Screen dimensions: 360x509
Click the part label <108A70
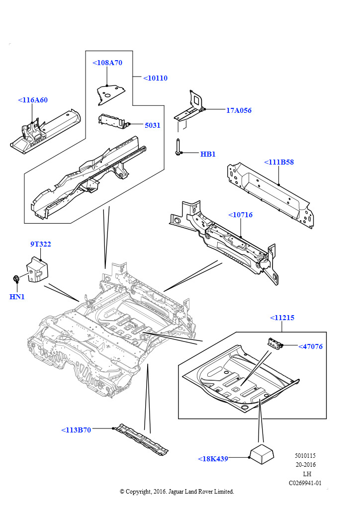pos(107,63)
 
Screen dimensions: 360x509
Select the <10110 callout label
pos(155,78)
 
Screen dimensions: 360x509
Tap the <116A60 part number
pos(33,100)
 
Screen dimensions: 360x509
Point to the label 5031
pos(153,125)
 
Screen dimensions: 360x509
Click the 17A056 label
pos(239,110)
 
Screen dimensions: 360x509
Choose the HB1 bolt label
pos(208,154)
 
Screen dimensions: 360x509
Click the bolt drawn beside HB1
pos(179,147)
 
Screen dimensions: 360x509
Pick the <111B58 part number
pos(279,162)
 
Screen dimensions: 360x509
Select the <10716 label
pos(240,215)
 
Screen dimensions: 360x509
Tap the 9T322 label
pos(41,244)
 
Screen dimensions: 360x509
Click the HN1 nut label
pos(17,296)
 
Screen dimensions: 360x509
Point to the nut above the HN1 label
pos(16,278)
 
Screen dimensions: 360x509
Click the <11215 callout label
pos(282,318)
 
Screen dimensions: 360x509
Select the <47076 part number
pos(310,346)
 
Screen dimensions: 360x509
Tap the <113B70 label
pos(76,430)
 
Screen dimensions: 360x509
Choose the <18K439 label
pos(213,458)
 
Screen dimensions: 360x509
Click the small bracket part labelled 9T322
pos(37,269)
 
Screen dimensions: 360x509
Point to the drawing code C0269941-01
pos(305,483)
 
